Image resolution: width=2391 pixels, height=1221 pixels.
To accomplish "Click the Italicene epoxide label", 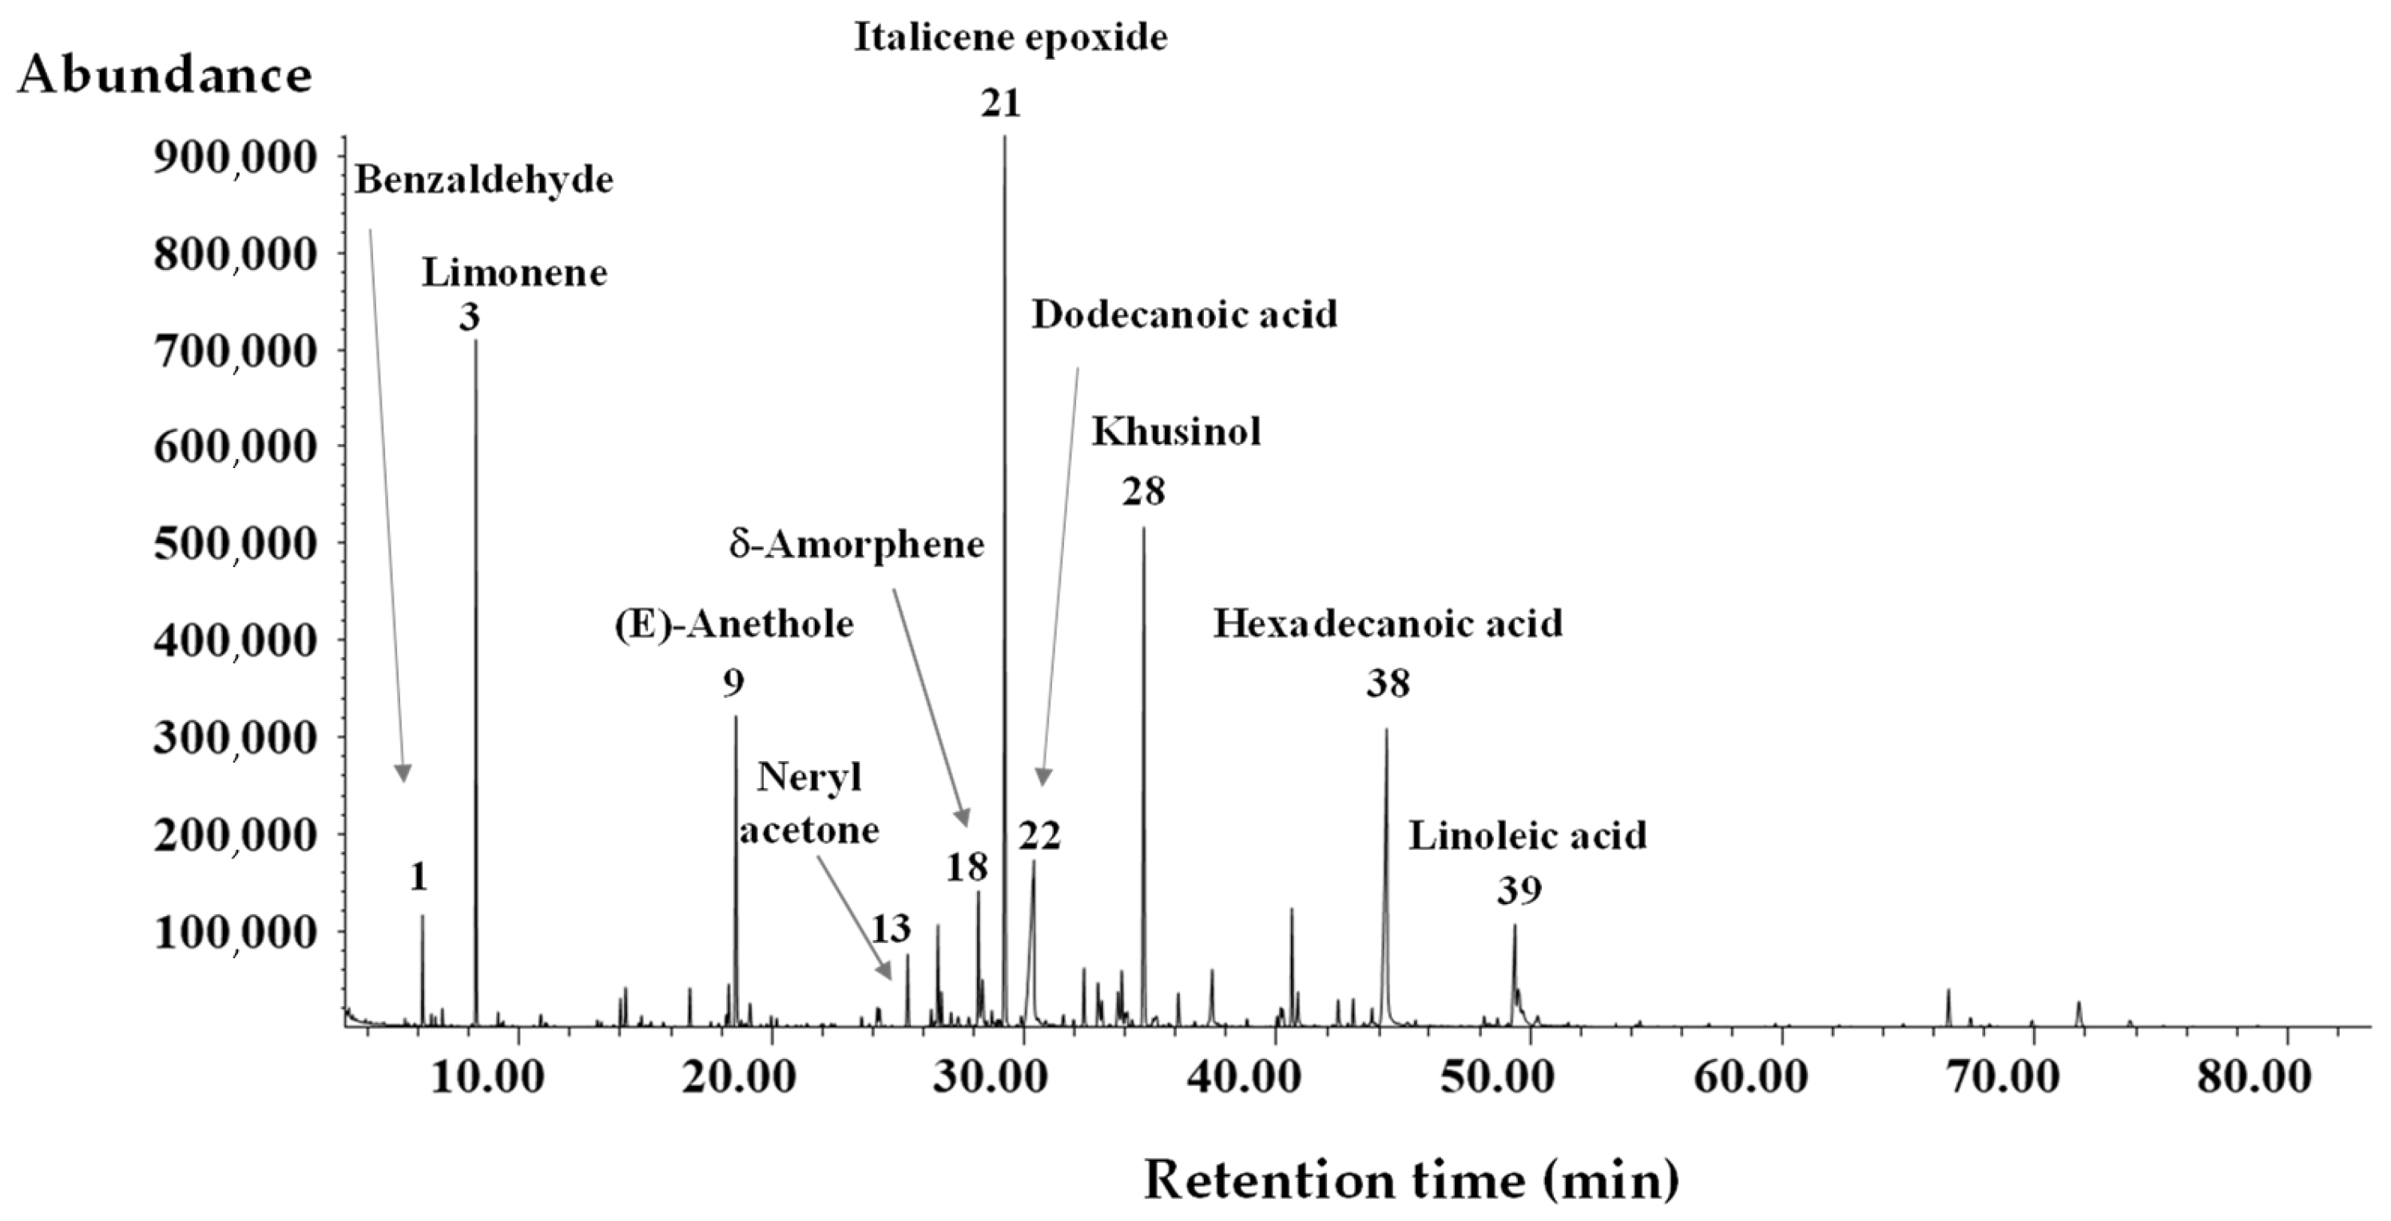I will [1010, 37].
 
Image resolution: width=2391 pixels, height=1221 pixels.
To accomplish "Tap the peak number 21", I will [1002, 103].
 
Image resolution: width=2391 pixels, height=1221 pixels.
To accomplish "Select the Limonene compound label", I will [514, 273].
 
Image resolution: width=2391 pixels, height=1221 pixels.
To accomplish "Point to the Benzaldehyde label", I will [483, 180].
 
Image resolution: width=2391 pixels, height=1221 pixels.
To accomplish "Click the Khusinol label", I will [1175, 431].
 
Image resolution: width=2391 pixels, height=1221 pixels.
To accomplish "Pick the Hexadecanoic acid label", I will [1388, 624].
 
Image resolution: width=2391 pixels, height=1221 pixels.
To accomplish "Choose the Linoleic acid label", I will [1527, 836].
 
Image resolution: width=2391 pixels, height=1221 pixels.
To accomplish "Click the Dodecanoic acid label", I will [1185, 315].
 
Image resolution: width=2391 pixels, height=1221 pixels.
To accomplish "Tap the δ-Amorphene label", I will [856, 545].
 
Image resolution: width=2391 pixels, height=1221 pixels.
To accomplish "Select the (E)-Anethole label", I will [733, 624].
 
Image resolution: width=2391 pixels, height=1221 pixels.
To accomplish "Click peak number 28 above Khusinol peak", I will [1142, 492].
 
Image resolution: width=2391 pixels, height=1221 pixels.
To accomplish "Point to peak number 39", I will [1519, 890].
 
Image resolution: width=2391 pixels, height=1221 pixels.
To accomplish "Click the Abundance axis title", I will [165, 74].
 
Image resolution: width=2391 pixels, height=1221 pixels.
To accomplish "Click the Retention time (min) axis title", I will [1411, 1180].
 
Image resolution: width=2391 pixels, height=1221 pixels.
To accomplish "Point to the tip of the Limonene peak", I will [476, 342].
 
